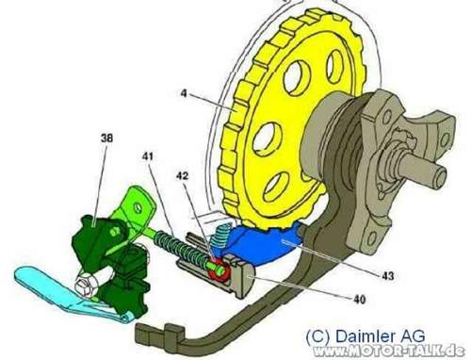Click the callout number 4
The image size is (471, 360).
184,93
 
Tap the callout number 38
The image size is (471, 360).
107,138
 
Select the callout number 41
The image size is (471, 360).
147,155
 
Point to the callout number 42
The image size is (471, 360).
182,176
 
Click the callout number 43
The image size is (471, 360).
388,276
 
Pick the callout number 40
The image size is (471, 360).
360,300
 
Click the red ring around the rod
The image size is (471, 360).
219,270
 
